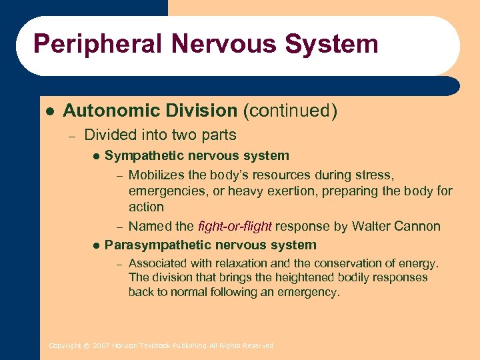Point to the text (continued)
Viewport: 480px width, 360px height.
pyautogui.click(x=290, y=111)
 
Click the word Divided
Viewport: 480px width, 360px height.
pyautogui.click(x=109, y=135)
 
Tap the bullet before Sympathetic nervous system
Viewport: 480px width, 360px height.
pyautogui.click(x=95, y=156)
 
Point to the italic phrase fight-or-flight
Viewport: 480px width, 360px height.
pyautogui.click(x=236, y=226)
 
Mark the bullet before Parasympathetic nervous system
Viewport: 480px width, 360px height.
pyautogui.click(x=95, y=245)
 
